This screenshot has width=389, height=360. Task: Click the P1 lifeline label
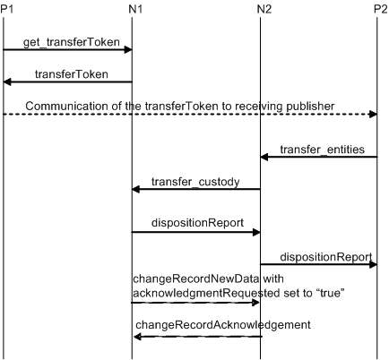(x=7, y=9)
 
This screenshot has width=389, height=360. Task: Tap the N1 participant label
(x=135, y=9)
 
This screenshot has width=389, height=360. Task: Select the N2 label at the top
(x=264, y=9)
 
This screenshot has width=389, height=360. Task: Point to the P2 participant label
(x=381, y=9)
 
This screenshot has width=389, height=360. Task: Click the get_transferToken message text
(x=72, y=42)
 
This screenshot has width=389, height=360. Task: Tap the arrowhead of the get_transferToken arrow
(x=128, y=49)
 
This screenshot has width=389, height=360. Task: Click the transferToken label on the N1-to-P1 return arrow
(x=72, y=74)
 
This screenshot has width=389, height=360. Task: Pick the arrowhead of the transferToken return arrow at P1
(x=7, y=81)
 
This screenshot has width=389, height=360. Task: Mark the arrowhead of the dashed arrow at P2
(x=373, y=114)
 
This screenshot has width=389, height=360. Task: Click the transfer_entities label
(x=322, y=150)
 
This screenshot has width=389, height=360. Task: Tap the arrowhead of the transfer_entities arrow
(x=264, y=157)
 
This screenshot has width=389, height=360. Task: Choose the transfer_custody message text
(x=195, y=182)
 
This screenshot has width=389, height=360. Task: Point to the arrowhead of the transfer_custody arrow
(x=136, y=189)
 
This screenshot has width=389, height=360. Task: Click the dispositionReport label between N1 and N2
(x=197, y=223)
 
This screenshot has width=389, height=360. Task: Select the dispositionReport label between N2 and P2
(x=326, y=257)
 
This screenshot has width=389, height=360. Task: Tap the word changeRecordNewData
(x=196, y=279)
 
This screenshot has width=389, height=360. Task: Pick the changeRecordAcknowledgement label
(x=223, y=325)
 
